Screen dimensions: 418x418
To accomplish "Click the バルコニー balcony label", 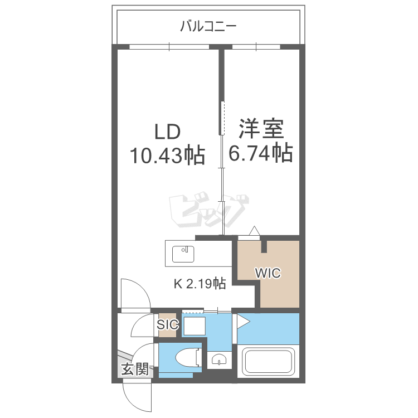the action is pyautogui.click(x=208, y=26).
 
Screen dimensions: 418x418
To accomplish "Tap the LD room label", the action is pyautogui.click(x=168, y=132).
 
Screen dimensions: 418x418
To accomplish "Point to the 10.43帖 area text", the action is pyautogui.click(x=167, y=155).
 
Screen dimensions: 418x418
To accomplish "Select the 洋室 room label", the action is pyautogui.click(x=261, y=129).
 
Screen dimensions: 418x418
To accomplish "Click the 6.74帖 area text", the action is pyautogui.click(x=261, y=153).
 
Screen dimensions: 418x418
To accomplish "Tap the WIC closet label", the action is pyautogui.click(x=268, y=273).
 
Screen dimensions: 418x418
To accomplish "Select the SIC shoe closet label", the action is pyautogui.click(x=167, y=324).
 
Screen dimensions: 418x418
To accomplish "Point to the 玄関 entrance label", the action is pyautogui.click(x=135, y=369).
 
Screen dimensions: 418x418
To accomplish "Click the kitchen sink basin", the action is pyautogui.click(x=183, y=254).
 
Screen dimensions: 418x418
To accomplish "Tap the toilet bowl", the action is pyautogui.click(x=188, y=357).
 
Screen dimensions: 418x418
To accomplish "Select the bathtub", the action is pyautogui.click(x=268, y=361).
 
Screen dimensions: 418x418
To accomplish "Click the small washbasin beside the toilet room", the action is pyautogui.click(x=218, y=360).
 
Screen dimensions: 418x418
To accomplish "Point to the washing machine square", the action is pyautogui.click(x=195, y=326).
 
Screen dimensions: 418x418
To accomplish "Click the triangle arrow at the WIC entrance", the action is pyautogui.click(x=254, y=231).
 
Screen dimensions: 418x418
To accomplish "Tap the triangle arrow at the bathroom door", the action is pyautogui.click(x=243, y=322).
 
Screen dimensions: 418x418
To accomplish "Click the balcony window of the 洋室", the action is pyautogui.click(x=256, y=47).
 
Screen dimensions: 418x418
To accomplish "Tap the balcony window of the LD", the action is pyautogui.click(x=169, y=47).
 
